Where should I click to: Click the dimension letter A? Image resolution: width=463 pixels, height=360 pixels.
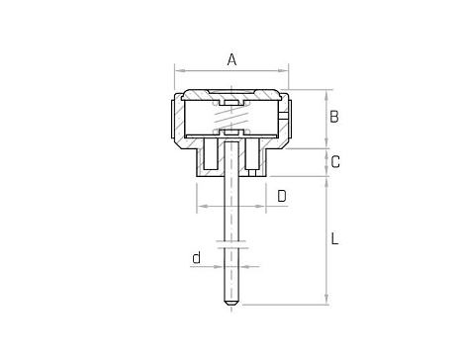231,59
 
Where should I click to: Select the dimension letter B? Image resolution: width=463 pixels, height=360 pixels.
334,117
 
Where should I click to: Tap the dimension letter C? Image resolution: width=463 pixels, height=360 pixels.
335,162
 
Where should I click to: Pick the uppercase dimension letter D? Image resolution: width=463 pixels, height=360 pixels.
282,196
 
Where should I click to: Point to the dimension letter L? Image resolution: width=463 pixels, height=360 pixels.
334,238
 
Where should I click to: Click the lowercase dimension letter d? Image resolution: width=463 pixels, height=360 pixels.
197,257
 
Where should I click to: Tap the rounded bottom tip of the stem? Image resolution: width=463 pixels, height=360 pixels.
231,303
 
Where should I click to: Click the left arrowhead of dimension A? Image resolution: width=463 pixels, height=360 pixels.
179,70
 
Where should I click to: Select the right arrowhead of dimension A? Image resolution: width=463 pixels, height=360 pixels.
283,70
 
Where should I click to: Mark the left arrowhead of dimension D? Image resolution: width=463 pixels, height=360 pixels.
202,206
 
